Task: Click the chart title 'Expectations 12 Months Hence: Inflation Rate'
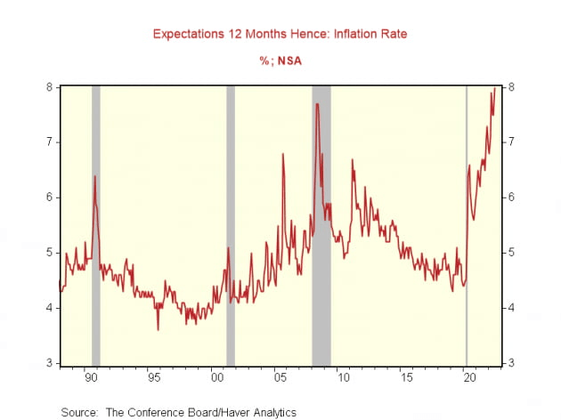pyautogui.click(x=280, y=34)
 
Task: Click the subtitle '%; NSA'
pyautogui.click(x=280, y=61)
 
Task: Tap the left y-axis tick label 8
pyautogui.click(x=51, y=87)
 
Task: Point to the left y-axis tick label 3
pyautogui.click(x=51, y=363)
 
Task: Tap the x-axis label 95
pyautogui.click(x=154, y=377)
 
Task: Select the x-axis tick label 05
pyautogui.click(x=279, y=377)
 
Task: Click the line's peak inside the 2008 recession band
pyautogui.click(x=316, y=104)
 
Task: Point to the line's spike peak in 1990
pyautogui.click(x=94, y=176)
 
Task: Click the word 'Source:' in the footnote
pyautogui.click(x=79, y=412)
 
